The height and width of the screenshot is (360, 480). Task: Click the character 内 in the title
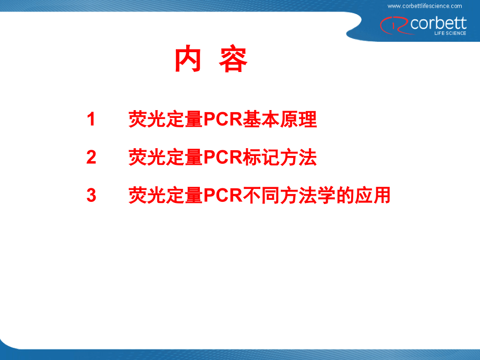[188, 59]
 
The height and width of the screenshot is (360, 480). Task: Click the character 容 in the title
[233, 59]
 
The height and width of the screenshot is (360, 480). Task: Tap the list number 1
[91, 119]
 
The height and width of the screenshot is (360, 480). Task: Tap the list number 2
[91, 158]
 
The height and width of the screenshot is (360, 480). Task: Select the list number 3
[91, 196]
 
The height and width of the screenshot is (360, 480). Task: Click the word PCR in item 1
[222, 119]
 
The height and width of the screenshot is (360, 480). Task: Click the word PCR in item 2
[222, 158]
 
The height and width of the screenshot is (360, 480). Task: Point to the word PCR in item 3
[222, 196]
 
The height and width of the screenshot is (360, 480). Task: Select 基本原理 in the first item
[280, 119]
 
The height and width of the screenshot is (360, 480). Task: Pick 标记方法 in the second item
[280, 158]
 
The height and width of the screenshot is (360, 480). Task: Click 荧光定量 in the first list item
[165, 119]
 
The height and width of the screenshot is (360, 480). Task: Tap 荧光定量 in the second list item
[165, 158]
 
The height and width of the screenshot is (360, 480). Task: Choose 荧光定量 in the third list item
[165, 196]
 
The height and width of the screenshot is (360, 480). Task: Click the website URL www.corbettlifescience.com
[425, 6]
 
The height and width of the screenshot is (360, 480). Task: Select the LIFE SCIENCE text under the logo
[450, 33]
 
